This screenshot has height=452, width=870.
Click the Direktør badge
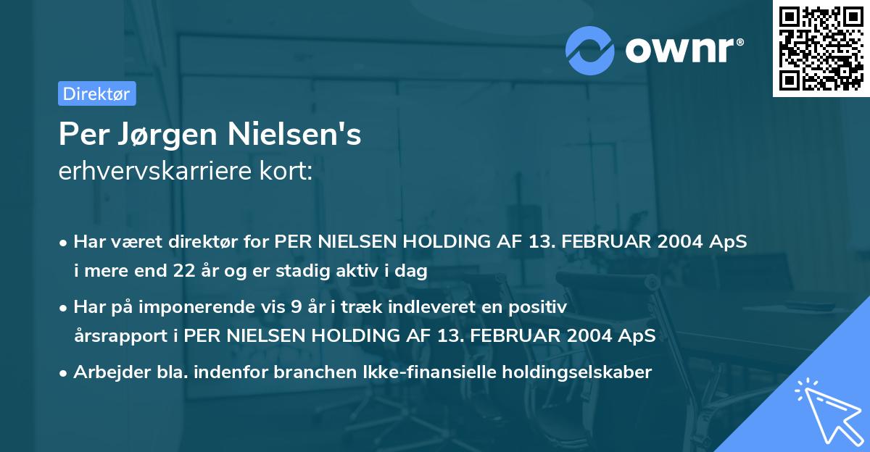point(96,93)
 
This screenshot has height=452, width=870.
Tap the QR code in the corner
point(821,49)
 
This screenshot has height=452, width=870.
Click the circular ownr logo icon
point(589,50)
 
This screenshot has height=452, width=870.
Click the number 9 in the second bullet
point(296,307)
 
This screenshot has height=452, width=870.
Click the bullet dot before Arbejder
point(65,373)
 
